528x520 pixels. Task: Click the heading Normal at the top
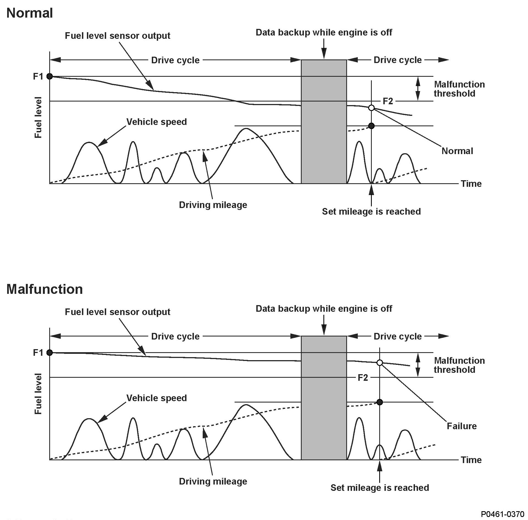click(30, 13)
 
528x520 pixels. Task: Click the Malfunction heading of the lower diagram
click(45, 289)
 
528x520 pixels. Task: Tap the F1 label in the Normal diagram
click(38, 76)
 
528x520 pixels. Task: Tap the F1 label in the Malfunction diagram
click(38, 352)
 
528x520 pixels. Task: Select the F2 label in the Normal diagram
click(388, 101)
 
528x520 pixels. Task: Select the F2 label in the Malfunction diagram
click(363, 377)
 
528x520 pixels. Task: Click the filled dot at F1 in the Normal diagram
click(50, 76)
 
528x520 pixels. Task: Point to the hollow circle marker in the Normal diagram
click(371, 108)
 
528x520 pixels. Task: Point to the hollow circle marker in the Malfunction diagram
click(380, 363)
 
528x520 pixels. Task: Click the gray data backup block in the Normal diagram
click(324, 122)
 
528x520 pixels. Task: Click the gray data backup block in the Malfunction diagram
click(324, 398)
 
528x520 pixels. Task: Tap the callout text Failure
click(461, 426)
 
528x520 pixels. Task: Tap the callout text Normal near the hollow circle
click(457, 151)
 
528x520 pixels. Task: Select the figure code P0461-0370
click(503, 514)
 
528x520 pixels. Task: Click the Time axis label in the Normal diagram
click(471, 184)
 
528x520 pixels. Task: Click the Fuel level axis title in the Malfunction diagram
click(38, 394)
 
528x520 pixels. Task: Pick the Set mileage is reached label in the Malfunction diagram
click(380, 488)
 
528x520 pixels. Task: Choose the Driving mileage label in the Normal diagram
click(213, 205)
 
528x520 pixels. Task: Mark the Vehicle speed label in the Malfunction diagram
click(156, 398)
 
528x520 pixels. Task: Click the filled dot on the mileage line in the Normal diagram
click(371, 126)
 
